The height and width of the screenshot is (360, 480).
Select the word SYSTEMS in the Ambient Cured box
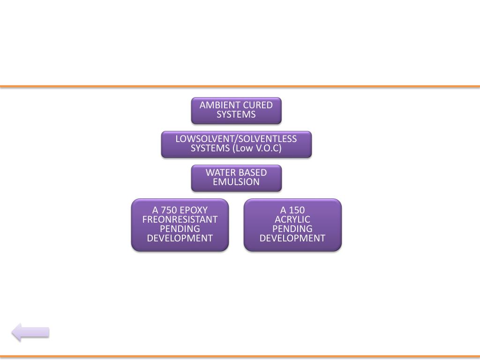coord(236,115)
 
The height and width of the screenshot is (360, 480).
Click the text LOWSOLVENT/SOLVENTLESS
coord(236,139)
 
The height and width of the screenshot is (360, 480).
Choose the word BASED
coord(253,172)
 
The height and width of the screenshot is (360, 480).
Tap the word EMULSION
coord(236,182)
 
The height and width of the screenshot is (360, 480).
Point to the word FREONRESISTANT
coord(180,219)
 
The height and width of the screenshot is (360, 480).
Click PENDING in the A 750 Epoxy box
coord(180,229)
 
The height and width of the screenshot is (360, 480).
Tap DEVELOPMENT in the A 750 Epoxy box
coord(180,238)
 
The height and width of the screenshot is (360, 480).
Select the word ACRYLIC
coord(292,219)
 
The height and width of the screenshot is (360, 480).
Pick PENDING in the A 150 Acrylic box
coord(292,229)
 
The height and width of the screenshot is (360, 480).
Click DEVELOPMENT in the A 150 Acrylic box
coord(292,238)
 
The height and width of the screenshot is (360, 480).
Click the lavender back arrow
coord(30,332)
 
